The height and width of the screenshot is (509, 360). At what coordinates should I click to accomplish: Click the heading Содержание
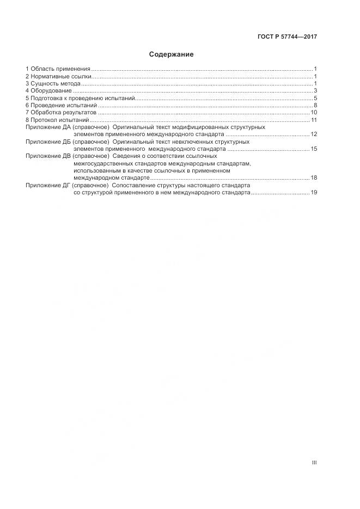pos(172,54)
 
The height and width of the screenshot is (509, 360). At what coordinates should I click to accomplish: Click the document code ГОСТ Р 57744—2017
pos(287,37)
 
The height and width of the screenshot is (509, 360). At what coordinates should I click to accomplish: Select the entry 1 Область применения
pos(58,69)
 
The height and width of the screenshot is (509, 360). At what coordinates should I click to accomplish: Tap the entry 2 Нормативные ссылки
pos(59,76)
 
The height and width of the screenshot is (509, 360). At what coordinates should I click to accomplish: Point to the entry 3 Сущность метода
pos(53,83)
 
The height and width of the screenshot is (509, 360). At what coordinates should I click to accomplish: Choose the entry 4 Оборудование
pos(48,90)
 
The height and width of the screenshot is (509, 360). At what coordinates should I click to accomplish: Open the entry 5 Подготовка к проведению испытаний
pos(80,98)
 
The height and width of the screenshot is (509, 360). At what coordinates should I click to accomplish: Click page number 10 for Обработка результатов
pos(314,112)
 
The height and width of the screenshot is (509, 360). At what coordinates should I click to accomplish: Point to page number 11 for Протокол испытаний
pos(314,120)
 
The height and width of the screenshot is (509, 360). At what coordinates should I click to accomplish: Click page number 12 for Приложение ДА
pos(314,134)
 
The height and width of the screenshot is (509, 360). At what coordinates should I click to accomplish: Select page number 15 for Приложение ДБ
pos(314,149)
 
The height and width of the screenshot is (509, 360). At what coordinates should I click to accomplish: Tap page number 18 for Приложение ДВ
pos(314,177)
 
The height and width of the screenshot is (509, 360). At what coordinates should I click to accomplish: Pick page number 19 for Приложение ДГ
pos(314,192)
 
